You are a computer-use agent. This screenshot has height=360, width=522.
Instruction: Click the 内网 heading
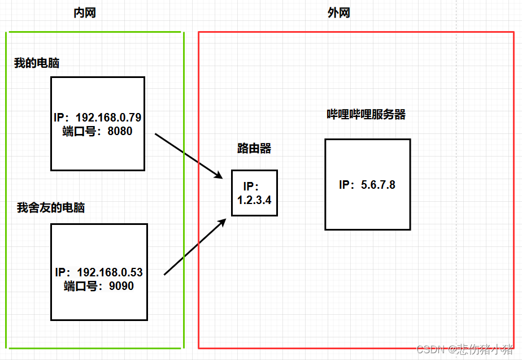pos(85,13)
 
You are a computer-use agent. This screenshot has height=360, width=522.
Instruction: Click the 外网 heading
pos(339,13)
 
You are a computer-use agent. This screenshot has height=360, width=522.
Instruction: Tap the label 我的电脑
pos(37,63)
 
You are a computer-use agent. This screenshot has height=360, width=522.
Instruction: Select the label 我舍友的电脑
pos(51,208)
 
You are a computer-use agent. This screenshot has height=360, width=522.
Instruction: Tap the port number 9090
pos(122,286)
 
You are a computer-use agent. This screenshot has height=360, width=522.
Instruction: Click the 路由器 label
pos(254,149)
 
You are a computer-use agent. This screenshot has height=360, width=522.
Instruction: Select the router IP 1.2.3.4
pos(255,199)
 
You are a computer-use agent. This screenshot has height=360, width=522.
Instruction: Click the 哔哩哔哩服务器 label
pos(367,115)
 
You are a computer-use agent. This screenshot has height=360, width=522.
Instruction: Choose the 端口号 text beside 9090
pos(81,286)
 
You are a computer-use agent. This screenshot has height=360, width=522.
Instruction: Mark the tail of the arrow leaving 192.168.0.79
pos(156,135)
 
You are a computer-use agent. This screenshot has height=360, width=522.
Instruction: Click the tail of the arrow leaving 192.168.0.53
pos(165,275)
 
